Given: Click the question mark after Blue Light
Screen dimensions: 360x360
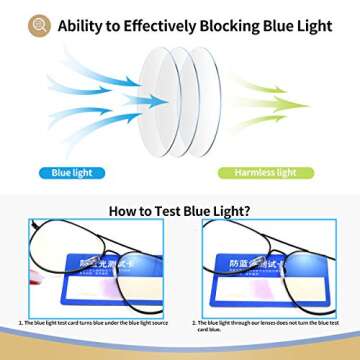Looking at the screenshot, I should tap(247, 211).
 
